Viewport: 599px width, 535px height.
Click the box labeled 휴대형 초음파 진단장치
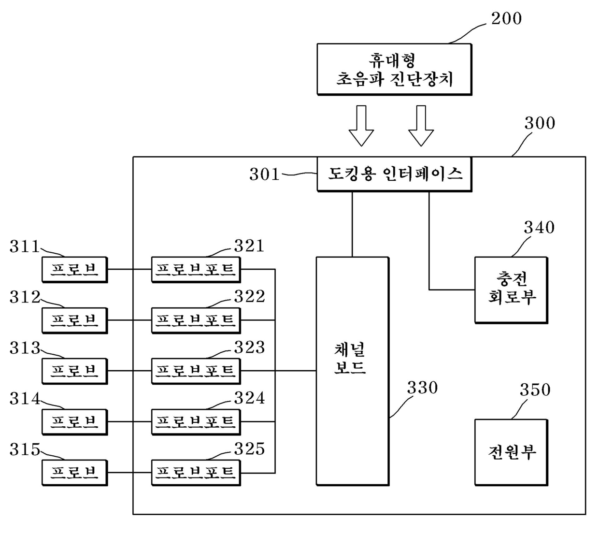point(394,70)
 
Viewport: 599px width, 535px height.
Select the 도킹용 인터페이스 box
point(394,174)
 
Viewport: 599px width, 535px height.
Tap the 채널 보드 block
point(353,371)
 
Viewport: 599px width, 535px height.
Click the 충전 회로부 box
point(511,290)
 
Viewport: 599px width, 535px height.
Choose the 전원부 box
point(511,452)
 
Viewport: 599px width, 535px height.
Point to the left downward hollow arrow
point(361,126)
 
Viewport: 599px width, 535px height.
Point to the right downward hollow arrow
point(421,126)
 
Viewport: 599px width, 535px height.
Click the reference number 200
point(506,19)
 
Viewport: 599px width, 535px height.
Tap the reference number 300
point(540,123)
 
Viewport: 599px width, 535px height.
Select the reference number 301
point(264,174)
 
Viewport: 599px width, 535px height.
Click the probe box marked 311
point(74,269)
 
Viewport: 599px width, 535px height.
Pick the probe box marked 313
point(74,371)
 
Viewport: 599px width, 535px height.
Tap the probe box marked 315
point(74,473)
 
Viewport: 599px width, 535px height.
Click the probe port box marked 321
point(196,269)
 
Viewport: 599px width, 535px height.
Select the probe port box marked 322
point(196,320)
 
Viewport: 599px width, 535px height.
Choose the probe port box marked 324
point(196,422)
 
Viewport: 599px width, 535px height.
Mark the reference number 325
point(249,449)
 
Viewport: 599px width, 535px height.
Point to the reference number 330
point(422,388)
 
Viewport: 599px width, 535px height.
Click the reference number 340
point(539,228)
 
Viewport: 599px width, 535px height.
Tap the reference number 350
point(535,390)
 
